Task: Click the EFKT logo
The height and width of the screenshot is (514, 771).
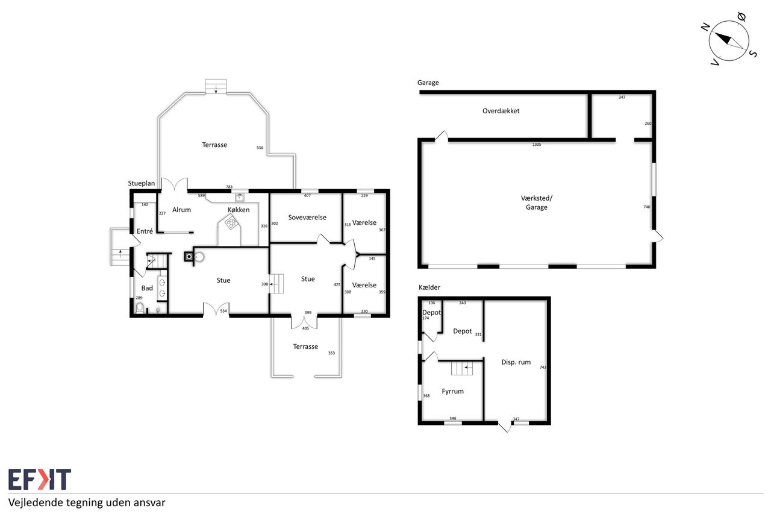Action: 40,479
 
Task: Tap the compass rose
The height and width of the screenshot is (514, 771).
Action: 729,40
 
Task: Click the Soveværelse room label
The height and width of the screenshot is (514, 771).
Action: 307,218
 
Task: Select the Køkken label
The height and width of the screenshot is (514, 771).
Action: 239,210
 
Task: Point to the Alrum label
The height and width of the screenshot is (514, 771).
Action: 181,210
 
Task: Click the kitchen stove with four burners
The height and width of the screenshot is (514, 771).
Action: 231,222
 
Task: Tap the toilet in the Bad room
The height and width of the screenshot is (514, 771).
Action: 140,307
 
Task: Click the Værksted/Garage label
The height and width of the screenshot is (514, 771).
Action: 536,202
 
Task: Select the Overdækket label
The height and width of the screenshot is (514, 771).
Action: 501,111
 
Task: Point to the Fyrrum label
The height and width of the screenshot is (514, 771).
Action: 452,391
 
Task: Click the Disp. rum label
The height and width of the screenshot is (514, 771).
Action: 516,362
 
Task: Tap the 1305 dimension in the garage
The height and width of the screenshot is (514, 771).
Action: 537,145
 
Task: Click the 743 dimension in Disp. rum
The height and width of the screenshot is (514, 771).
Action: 543,368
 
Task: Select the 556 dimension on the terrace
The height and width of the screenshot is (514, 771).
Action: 260,148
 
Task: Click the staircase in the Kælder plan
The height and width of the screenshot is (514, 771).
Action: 462,368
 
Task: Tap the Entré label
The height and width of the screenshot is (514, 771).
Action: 145,231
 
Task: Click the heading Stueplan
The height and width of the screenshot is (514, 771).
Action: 142,183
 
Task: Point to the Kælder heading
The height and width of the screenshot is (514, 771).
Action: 429,287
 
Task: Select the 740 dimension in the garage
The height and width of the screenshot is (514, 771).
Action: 647,207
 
